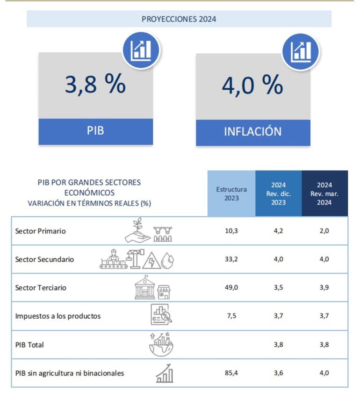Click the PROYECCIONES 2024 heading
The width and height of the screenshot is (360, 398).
click(179, 19)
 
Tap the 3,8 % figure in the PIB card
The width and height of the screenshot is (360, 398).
click(95, 85)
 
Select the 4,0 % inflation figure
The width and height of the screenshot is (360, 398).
click(252, 85)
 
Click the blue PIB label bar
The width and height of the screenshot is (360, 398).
click(95, 131)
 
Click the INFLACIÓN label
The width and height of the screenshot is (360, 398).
click(252, 132)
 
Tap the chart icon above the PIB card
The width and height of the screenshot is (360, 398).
click(141, 49)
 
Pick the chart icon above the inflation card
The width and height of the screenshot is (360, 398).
click(301, 51)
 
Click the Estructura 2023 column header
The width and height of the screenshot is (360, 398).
click(231, 193)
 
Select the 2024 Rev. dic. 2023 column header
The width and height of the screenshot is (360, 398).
click(278, 193)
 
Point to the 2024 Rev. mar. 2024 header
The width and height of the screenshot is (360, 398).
click(324, 193)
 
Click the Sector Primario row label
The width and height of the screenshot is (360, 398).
click(40, 231)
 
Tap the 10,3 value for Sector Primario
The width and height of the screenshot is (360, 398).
click(231, 231)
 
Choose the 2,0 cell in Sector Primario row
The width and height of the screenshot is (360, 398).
click(324, 231)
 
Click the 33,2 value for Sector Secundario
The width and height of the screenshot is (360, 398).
click(231, 259)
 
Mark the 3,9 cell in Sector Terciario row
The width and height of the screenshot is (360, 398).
click(324, 288)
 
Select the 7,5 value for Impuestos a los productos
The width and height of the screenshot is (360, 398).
click(231, 316)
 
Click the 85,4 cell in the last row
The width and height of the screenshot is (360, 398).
click(231, 373)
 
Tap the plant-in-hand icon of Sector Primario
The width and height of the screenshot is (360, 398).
click(137, 230)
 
